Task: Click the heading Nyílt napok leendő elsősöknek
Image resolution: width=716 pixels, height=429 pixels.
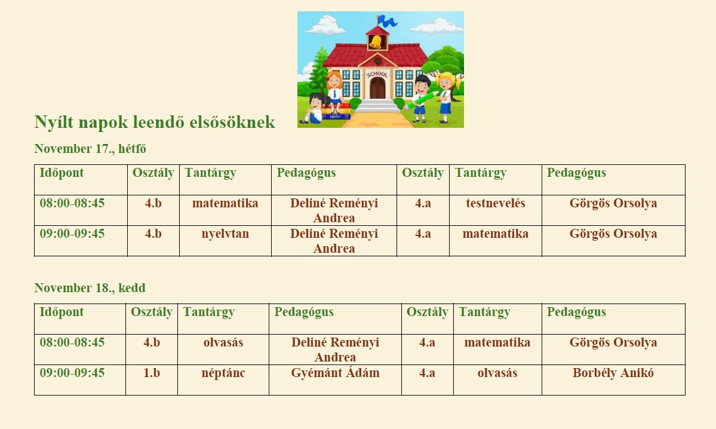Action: [x=155, y=122]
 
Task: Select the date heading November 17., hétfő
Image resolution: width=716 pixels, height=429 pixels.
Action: [x=90, y=149]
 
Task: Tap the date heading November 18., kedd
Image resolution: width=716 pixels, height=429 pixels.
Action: [x=90, y=288]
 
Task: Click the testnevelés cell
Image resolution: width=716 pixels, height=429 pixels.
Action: [x=496, y=203]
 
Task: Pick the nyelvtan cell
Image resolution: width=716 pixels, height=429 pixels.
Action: [x=225, y=234]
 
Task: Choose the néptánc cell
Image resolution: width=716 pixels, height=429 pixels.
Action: [x=223, y=373]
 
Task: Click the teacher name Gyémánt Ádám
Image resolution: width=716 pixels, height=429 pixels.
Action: [x=335, y=373]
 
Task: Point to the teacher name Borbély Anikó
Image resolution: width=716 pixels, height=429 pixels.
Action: [x=613, y=373]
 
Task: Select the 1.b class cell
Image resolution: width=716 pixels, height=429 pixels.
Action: [x=152, y=373]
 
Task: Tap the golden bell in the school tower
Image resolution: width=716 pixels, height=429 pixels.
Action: [x=377, y=42]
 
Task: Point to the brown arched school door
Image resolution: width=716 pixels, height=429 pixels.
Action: [x=377, y=88]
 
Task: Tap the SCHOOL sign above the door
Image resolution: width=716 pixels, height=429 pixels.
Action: [x=377, y=74]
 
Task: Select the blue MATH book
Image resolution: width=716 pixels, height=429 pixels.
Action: [x=336, y=117]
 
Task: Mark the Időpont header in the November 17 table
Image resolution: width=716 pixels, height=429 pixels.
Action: [x=62, y=173]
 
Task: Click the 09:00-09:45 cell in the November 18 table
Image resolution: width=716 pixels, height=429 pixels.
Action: [x=72, y=373]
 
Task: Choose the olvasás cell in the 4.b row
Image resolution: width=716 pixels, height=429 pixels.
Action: [x=223, y=342]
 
